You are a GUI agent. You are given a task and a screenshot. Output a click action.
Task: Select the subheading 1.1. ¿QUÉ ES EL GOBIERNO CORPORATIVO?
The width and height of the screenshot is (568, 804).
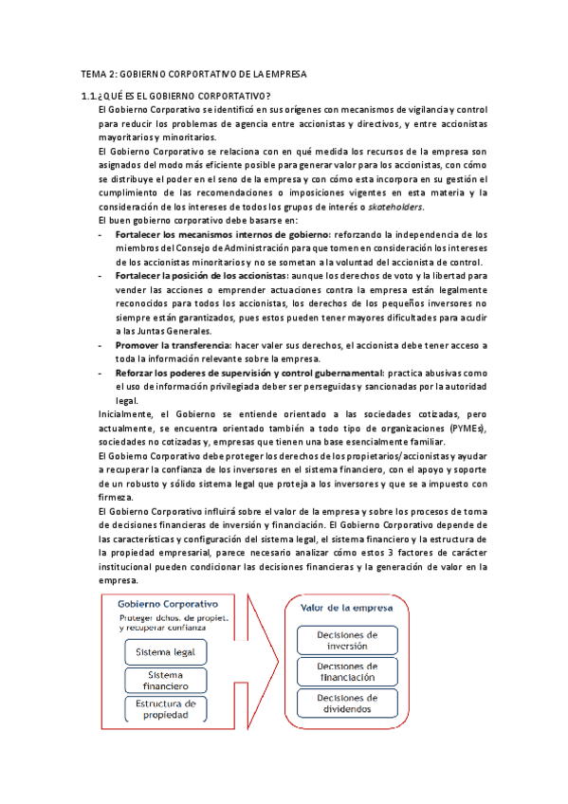tap(176, 96)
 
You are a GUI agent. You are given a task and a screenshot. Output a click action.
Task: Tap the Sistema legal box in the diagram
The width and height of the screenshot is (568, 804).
tap(167, 652)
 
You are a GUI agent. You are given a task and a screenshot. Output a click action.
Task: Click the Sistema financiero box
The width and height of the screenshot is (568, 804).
tap(167, 680)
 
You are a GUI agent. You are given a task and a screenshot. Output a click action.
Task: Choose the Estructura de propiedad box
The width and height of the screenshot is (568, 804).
tap(167, 709)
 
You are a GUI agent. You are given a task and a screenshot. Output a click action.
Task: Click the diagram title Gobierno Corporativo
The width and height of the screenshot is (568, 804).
tap(167, 604)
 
